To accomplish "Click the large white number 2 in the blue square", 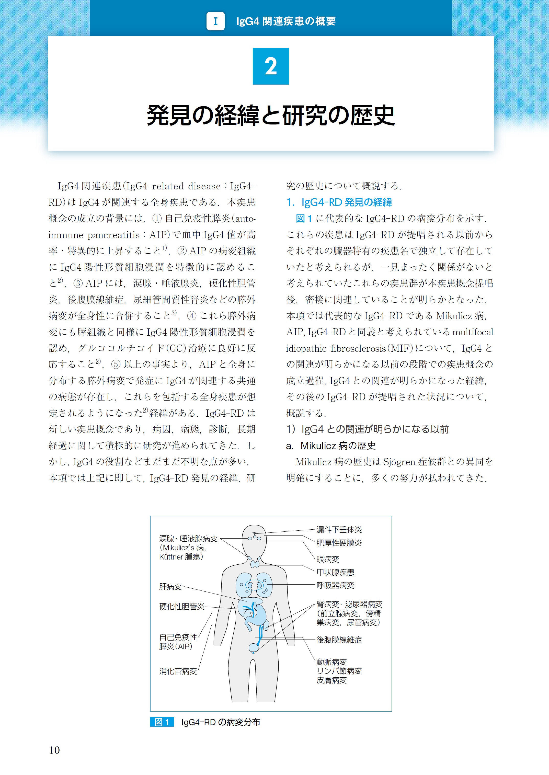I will (x=271, y=66).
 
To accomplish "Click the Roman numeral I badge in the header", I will (x=216, y=21).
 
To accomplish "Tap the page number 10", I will (x=54, y=750).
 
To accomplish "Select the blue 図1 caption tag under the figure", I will (x=162, y=722).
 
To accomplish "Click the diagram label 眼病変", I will (x=328, y=559).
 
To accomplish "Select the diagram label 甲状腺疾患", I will (x=335, y=572).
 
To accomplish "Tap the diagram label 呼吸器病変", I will (x=335, y=585).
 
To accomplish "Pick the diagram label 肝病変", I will (x=170, y=586).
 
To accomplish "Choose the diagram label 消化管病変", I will (x=178, y=671).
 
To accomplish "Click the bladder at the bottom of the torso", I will (x=253, y=647).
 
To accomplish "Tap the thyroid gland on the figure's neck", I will (x=255, y=564).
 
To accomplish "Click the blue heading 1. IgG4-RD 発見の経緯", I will (x=339, y=202).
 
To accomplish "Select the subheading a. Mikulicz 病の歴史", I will (x=331, y=446).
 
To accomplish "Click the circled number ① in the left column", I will (x=157, y=219).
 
